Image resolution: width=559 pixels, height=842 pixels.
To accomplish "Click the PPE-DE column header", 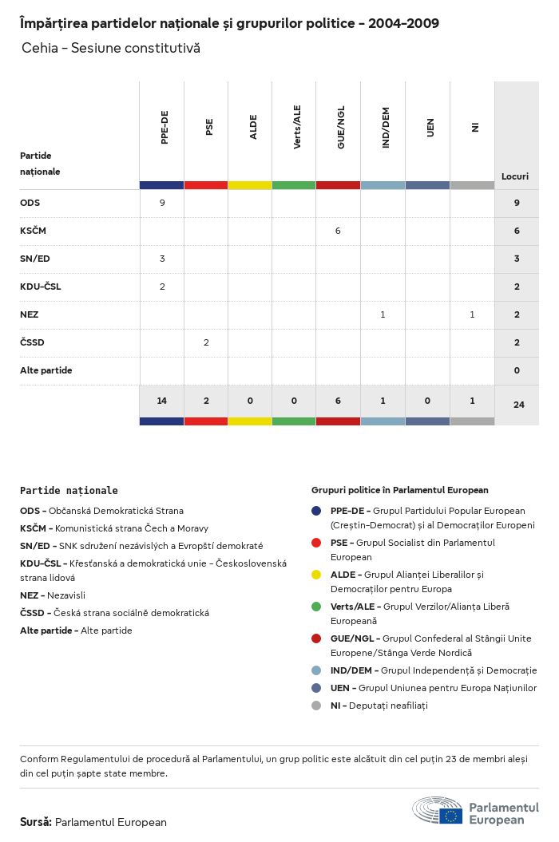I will [165, 128].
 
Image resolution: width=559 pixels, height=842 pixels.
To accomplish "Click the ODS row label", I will [30, 203].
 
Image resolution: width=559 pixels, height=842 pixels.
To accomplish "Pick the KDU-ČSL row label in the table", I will [40, 287].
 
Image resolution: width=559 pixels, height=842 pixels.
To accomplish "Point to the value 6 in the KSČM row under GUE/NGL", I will [338, 231].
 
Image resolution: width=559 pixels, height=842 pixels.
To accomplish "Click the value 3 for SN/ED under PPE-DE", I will [162, 259].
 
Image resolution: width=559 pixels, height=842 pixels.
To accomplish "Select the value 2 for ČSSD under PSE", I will [206, 342].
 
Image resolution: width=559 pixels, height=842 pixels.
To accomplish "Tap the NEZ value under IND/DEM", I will [383, 314].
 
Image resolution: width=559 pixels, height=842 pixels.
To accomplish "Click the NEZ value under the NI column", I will [472, 314].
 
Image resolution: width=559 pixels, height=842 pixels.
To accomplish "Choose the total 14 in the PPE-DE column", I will [162, 401].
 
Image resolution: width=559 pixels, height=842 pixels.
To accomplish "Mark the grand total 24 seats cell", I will [518, 405].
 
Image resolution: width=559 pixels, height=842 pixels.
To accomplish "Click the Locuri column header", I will [515, 176].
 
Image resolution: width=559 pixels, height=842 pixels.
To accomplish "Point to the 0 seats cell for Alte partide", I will [517, 370].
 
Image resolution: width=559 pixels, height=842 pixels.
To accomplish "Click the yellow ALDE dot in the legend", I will [316, 574].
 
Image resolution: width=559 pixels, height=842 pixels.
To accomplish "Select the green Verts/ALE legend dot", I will [316, 607].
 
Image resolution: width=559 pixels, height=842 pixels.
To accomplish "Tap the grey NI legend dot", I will [316, 706].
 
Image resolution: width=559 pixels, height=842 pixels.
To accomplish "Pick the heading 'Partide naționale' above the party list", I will [69, 491].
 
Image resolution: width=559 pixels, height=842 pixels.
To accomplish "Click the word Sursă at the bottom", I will [36, 822].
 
